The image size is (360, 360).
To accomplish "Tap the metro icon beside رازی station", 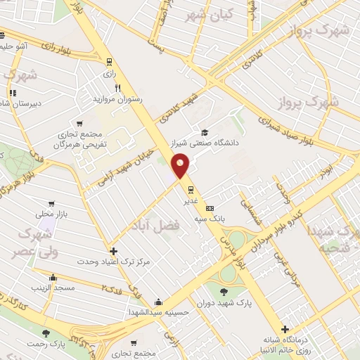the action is click(x=108, y=61).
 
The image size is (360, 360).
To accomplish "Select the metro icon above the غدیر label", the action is click(x=190, y=188).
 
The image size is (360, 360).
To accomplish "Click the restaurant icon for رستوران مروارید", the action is click(x=118, y=89).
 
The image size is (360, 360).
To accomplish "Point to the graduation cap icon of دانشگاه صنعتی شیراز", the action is click(x=205, y=132).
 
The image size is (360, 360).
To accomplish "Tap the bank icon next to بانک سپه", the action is click(x=210, y=209).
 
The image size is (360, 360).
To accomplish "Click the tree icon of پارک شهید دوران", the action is click(x=224, y=292).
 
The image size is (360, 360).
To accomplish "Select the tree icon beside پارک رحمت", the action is click(x=46, y=333).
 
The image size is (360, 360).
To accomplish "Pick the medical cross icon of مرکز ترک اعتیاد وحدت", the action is click(x=113, y=251).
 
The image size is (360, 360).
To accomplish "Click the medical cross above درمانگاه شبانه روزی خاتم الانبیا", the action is click(x=285, y=329).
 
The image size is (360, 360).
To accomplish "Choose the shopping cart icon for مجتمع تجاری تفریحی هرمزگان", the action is click(x=79, y=124).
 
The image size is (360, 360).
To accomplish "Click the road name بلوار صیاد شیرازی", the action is click(x=295, y=122).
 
